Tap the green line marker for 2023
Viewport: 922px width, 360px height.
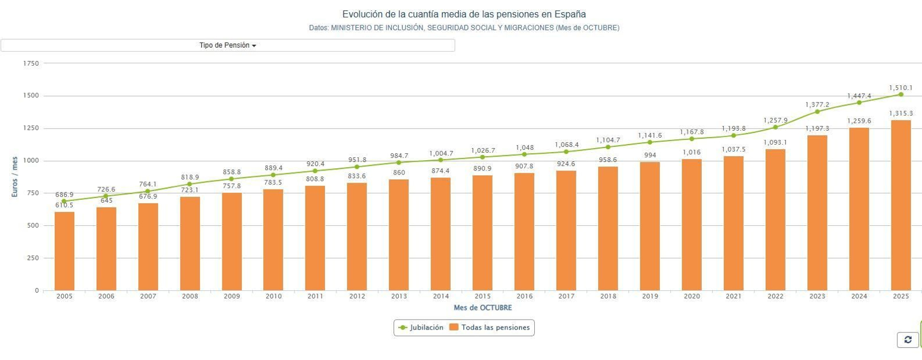(x=817, y=112)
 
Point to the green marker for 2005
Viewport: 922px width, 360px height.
(x=64, y=202)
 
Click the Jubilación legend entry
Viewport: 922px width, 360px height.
(x=421, y=328)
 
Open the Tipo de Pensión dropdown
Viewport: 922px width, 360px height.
(x=228, y=46)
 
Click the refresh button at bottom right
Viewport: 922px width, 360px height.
(x=908, y=340)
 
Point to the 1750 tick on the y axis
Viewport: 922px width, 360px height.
(x=31, y=63)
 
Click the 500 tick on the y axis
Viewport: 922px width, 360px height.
(x=33, y=226)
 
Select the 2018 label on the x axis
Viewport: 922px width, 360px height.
(x=608, y=297)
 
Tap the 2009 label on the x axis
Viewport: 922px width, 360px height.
(x=232, y=297)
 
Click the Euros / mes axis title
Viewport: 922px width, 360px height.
(x=15, y=177)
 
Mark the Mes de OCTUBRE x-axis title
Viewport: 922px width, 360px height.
(x=482, y=308)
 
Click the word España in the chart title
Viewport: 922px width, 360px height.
(x=570, y=14)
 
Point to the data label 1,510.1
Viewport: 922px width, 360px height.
(x=901, y=88)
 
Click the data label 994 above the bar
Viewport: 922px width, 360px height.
(x=650, y=156)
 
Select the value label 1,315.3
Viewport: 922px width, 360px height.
(x=901, y=114)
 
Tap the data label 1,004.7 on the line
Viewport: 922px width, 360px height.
(x=441, y=154)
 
